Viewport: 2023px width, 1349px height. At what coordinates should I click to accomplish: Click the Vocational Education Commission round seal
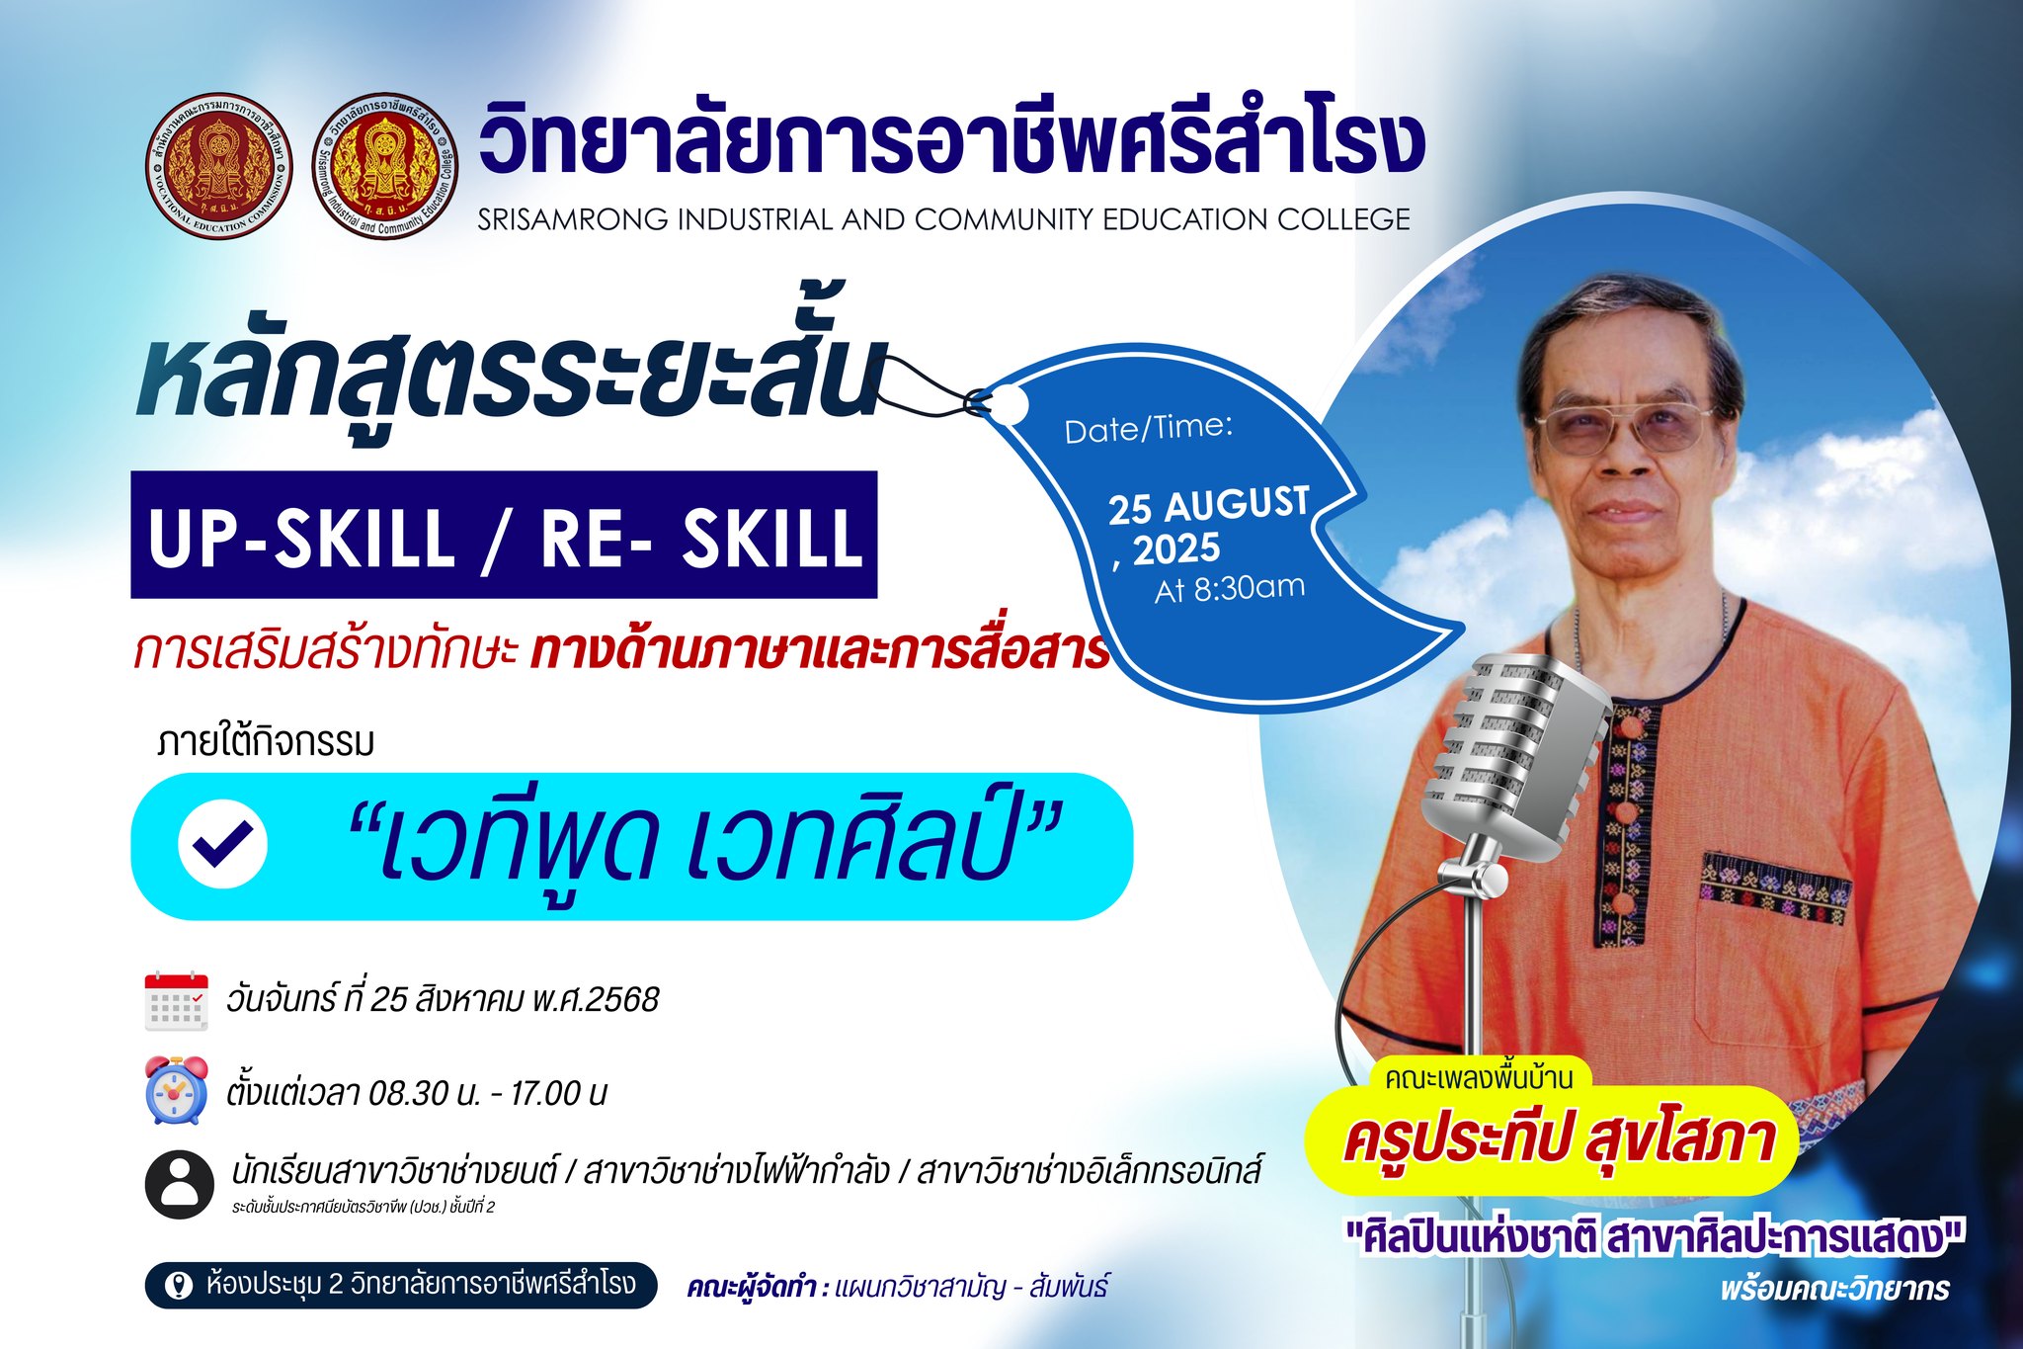tap(219, 166)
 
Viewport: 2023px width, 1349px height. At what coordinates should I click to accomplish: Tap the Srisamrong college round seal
tap(386, 166)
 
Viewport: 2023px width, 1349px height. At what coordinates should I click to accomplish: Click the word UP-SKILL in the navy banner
tap(301, 537)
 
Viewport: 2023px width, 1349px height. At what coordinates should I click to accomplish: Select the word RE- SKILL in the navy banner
tap(701, 537)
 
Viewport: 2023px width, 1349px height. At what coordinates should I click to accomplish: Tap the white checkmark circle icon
tap(222, 844)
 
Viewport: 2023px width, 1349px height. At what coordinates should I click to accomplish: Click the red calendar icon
tap(177, 1001)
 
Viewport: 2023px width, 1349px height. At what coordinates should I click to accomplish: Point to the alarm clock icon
tap(177, 1089)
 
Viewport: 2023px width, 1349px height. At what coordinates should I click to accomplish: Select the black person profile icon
tap(179, 1184)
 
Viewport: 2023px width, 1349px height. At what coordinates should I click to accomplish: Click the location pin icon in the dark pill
tap(179, 1285)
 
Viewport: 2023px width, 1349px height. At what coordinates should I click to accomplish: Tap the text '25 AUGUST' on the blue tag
tap(1209, 506)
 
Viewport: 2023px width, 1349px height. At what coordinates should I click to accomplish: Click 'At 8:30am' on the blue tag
tap(1230, 588)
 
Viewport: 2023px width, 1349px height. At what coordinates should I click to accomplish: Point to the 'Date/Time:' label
tap(1149, 428)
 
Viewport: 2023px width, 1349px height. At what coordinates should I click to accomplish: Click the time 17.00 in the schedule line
tap(545, 1092)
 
